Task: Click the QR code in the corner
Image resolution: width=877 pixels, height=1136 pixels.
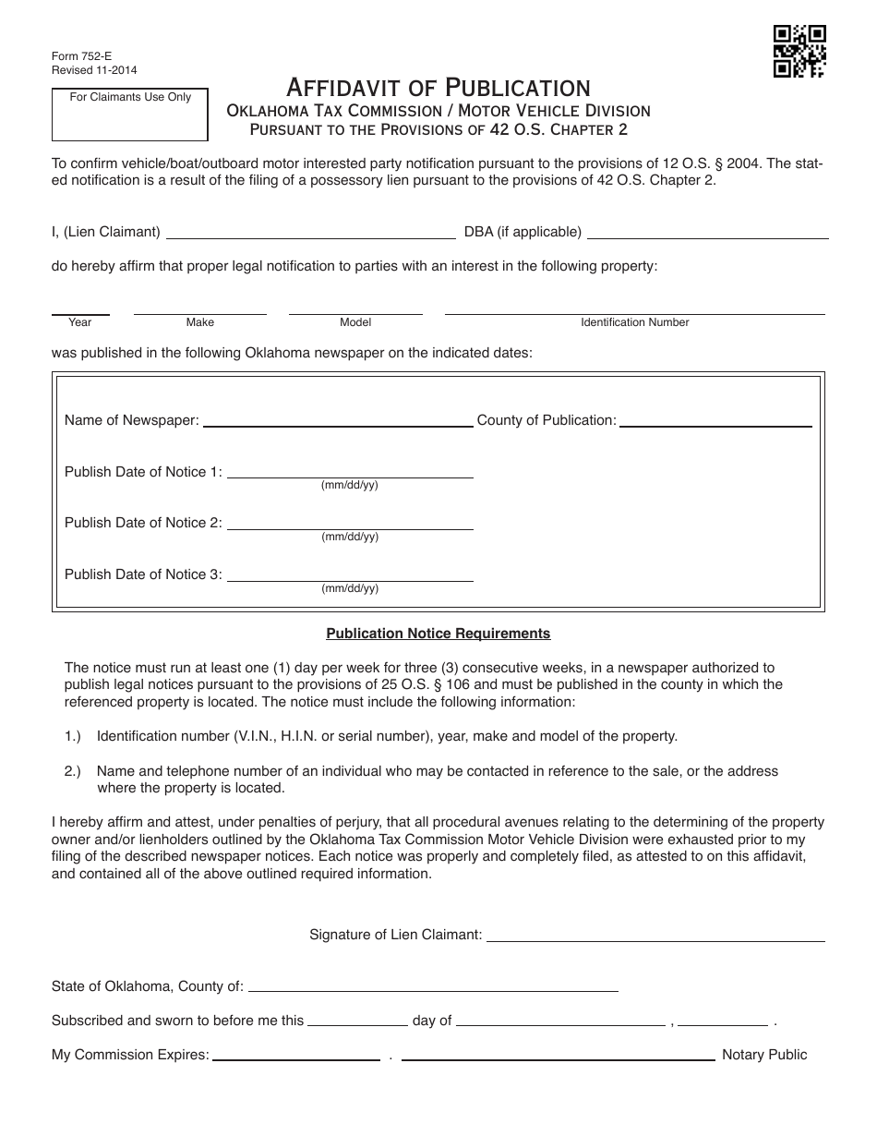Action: [x=799, y=50]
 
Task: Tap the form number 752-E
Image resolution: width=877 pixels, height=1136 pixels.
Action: [x=70, y=55]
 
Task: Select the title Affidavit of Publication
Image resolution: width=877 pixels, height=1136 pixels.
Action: [x=438, y=88]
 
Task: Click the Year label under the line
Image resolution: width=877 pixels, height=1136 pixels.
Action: [x=80, y=322]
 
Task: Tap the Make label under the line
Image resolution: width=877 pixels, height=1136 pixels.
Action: [x=200, y=322]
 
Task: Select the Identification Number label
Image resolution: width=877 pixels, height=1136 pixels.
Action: [x=635, y=322]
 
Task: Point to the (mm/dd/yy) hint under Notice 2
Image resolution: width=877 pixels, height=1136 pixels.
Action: [x=350, y=537]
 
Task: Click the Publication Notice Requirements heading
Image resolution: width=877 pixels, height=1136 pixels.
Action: [x=438, y=634]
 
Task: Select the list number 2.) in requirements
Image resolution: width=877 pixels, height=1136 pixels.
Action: [x=73, y=771]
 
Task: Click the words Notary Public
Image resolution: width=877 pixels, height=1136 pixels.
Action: [x=764, y=1055]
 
